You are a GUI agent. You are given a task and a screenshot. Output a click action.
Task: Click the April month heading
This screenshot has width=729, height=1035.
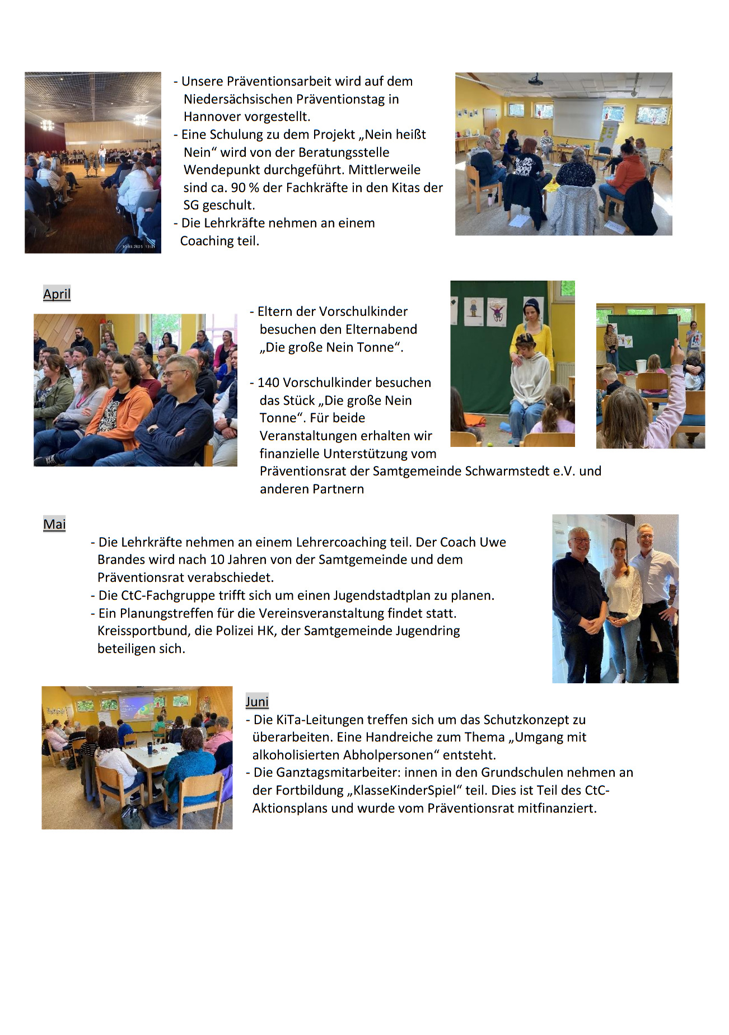click(x=57, y=294)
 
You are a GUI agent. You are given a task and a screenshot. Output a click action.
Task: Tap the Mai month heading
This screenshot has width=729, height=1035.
click(x=54, y=524)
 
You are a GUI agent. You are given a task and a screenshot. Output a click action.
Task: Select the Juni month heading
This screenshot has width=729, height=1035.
click(x=257, y=702)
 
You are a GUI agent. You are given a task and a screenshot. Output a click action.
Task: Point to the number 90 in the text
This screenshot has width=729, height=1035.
click(x=239, y=188)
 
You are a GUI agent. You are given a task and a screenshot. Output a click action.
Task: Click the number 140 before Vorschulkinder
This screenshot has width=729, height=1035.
click(x=268, y=383)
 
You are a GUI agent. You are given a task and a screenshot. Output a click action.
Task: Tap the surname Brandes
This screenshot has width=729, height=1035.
click(x=121, y=560)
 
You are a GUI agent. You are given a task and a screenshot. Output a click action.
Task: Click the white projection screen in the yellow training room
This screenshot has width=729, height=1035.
click(x=578, y=118)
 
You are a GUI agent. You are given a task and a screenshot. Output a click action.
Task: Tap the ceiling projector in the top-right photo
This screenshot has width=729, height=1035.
click(x=536, y=80)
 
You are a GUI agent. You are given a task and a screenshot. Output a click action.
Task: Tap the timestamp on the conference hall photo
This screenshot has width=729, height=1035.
click(x=138, y=246)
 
